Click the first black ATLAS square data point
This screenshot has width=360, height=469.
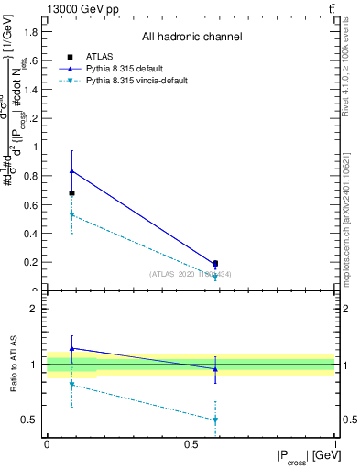coord(71,193)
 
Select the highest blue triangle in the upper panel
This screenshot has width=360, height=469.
coord(71,171)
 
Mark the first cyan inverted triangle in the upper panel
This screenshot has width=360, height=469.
coord(71,215)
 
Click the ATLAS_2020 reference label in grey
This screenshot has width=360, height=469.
coord(191,273)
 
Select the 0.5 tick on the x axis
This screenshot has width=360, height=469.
coord(191,444)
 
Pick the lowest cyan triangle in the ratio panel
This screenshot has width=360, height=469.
coord(215,420)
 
